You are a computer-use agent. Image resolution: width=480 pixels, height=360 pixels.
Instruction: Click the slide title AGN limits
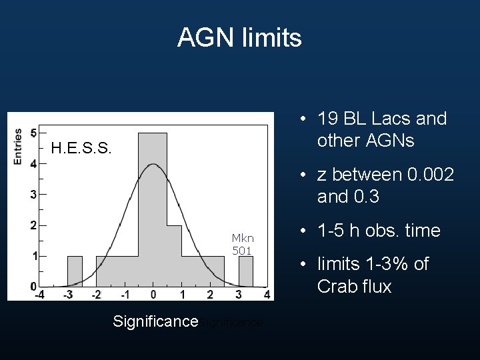tap(239, 37)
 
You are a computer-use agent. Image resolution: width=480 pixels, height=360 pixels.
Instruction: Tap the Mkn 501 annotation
tap(242, 244)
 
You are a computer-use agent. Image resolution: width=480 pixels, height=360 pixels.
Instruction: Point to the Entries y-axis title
tap(18, 146)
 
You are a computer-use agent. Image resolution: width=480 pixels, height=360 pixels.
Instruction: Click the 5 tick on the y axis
tap(33, 133)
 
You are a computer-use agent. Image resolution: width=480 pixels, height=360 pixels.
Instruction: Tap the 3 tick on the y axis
tap(33, 195)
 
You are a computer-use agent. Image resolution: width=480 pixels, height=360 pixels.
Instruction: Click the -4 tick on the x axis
tap(39, 294)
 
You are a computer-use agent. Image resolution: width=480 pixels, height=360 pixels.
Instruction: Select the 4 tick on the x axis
tap(267, 294)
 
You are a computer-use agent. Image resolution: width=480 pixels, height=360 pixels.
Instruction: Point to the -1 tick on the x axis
tap(125, 294)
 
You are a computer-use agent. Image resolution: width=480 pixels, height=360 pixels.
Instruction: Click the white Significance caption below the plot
tap(155, 321)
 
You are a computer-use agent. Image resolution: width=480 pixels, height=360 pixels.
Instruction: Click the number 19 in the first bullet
tap(327, 119)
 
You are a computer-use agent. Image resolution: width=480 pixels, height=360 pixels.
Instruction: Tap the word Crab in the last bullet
tap(339, 287)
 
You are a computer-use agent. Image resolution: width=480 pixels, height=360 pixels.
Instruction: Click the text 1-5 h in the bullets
tap(343, 231)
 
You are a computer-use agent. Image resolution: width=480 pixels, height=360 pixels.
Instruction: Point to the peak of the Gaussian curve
tap(153, 164)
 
